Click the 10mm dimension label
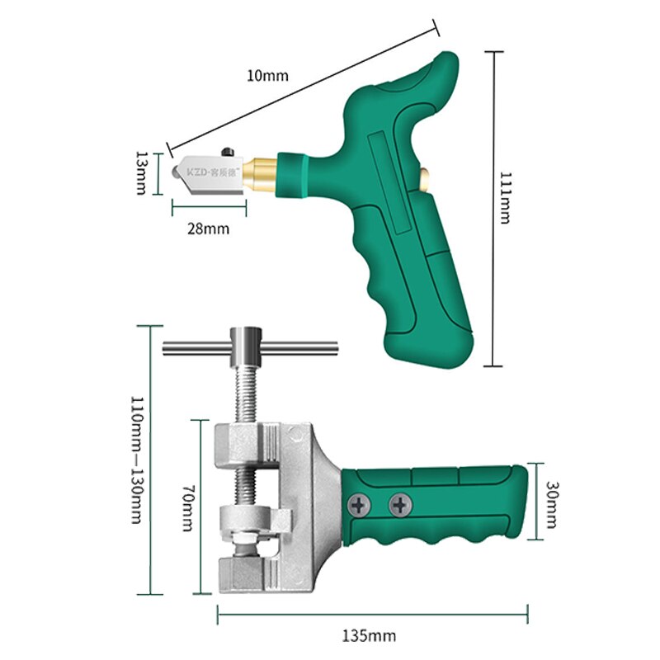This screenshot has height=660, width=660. point(267,75)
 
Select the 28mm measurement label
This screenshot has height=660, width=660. point(207,228)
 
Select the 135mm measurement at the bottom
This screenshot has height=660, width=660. point(369,635)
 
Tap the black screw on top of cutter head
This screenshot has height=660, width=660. point(229,152)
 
